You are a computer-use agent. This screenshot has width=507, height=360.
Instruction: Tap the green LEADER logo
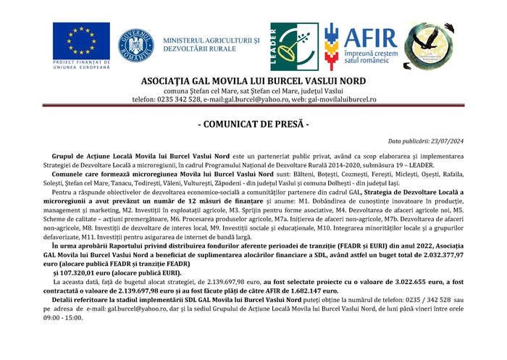tap(294, 46)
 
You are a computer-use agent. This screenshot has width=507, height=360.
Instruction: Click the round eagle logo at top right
tap(429, 45)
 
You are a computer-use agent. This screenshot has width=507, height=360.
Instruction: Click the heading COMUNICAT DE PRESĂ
tap(253, 125)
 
